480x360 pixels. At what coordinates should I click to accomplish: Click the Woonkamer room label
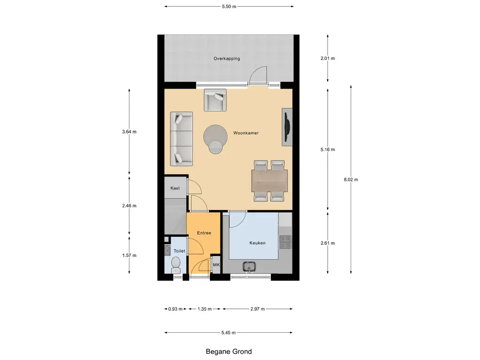[246, 133]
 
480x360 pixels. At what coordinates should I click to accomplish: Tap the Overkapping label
[226, 59]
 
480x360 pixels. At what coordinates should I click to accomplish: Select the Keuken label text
[257, 243]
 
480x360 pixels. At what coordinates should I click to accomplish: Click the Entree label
[203, 233]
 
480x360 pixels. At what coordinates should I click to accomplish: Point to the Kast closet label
[175, 188]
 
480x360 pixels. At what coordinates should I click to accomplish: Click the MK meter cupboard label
[216, 265]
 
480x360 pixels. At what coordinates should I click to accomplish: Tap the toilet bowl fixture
[175, 267]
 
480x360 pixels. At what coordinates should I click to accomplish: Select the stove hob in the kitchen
[285, 241]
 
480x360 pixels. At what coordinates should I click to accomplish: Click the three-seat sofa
[181, 139]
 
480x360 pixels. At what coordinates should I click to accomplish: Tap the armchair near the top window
[215, 99]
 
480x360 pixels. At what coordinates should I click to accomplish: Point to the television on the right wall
[287, 127]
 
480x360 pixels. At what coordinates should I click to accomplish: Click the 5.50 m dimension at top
[229, 7]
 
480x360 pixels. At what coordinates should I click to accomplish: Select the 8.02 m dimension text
[351, 180]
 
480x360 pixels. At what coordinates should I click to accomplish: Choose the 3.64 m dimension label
[129, 132]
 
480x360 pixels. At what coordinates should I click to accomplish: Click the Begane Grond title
[229, 352]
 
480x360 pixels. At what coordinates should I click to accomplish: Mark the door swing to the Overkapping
[258, 75]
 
